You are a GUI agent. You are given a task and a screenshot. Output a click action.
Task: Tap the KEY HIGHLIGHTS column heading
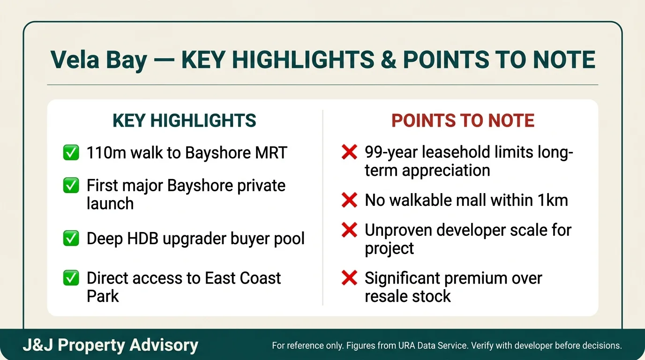tap(184, 121)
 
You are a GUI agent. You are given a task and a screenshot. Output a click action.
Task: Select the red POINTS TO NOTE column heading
tap(463, 121)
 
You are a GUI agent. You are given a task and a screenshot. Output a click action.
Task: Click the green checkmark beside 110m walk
tap(71, 153)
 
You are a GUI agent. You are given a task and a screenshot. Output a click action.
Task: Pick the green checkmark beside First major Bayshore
tap(71, 186)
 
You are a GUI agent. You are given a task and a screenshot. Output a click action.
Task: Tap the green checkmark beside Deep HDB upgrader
tap(71, 239)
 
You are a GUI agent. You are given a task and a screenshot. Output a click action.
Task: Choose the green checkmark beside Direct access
tap(71, 278)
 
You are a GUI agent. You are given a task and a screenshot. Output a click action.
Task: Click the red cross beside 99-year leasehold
tap(349, 152)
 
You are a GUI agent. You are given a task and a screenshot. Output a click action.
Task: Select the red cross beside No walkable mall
tap(349, 201)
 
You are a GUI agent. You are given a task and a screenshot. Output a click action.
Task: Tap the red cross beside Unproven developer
tap(349, 231)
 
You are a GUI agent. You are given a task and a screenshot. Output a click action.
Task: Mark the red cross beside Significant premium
tap(349, 278)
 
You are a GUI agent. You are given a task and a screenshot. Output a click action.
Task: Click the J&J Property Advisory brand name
tap(111, 345)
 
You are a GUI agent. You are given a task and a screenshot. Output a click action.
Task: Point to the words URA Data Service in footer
tap(431, 346)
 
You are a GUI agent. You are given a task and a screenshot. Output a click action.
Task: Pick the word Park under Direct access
tap(103, 296)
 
